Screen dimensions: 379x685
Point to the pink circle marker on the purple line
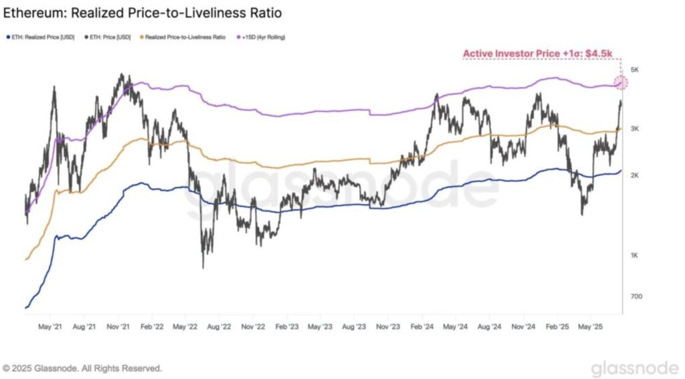click(x=621, y=82)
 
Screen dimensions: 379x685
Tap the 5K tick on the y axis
click(x=635, y=70)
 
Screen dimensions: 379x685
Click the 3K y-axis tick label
click(x=635, y=128)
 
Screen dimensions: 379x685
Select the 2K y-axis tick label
click(x=635, y=175)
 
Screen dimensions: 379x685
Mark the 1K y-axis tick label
click(x=635, y=255)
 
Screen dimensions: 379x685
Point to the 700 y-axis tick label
click(x=636, y=296)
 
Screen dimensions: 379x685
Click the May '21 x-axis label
click(x=50, y=327)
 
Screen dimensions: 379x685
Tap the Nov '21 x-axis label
click(x=118, y=327)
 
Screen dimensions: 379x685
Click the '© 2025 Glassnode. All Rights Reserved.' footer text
click(x=82, y=368)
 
